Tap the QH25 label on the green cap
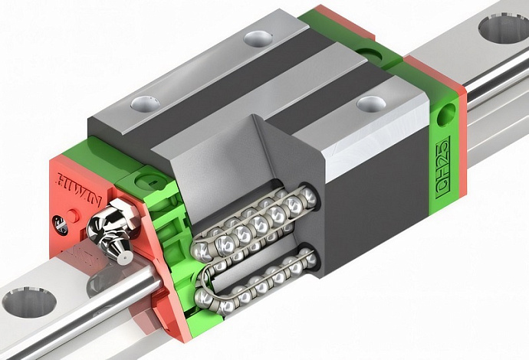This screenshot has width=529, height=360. pyautogui.click(x=443, y=168)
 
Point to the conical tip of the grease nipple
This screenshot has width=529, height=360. pyautogui.click(x=124, y=257)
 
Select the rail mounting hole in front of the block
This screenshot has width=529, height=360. pyautogui.click(x=28, y=303)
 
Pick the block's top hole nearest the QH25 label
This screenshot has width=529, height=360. pyautogui.click(x=370, y=104)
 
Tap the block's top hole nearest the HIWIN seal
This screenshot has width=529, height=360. pyautogui.click(x=146, y=104)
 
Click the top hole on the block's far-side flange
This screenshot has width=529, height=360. pyautogui.click(x=258, y=39)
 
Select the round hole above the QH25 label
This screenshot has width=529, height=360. pyautogui.click(x=446, y=115)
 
